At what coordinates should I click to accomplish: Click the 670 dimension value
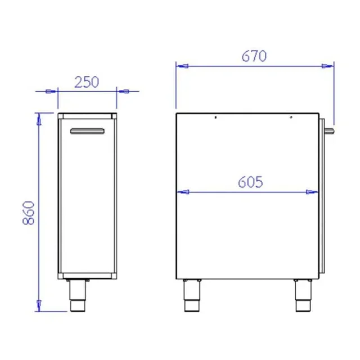[x=254, y=56]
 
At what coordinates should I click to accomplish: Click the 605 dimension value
[x=250, y=182]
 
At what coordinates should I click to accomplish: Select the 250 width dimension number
[x=87, y=82]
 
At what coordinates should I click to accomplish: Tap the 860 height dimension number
[x=29, y=212]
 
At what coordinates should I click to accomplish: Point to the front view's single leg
[x=77, y=295]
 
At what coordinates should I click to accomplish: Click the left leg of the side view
[x=191, y=296]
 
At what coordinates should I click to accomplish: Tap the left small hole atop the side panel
[x=215, y=118]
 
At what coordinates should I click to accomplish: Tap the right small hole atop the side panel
[x=291, y=118]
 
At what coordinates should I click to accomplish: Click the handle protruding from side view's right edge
[x=329, y=130]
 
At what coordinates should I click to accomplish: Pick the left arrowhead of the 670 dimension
[x=182, y=66]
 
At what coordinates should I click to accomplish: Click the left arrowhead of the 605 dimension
[x=182, y=192]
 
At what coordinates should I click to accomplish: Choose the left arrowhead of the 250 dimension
[x=52, y=91]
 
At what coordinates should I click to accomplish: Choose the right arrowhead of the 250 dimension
[x=122, y=91]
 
